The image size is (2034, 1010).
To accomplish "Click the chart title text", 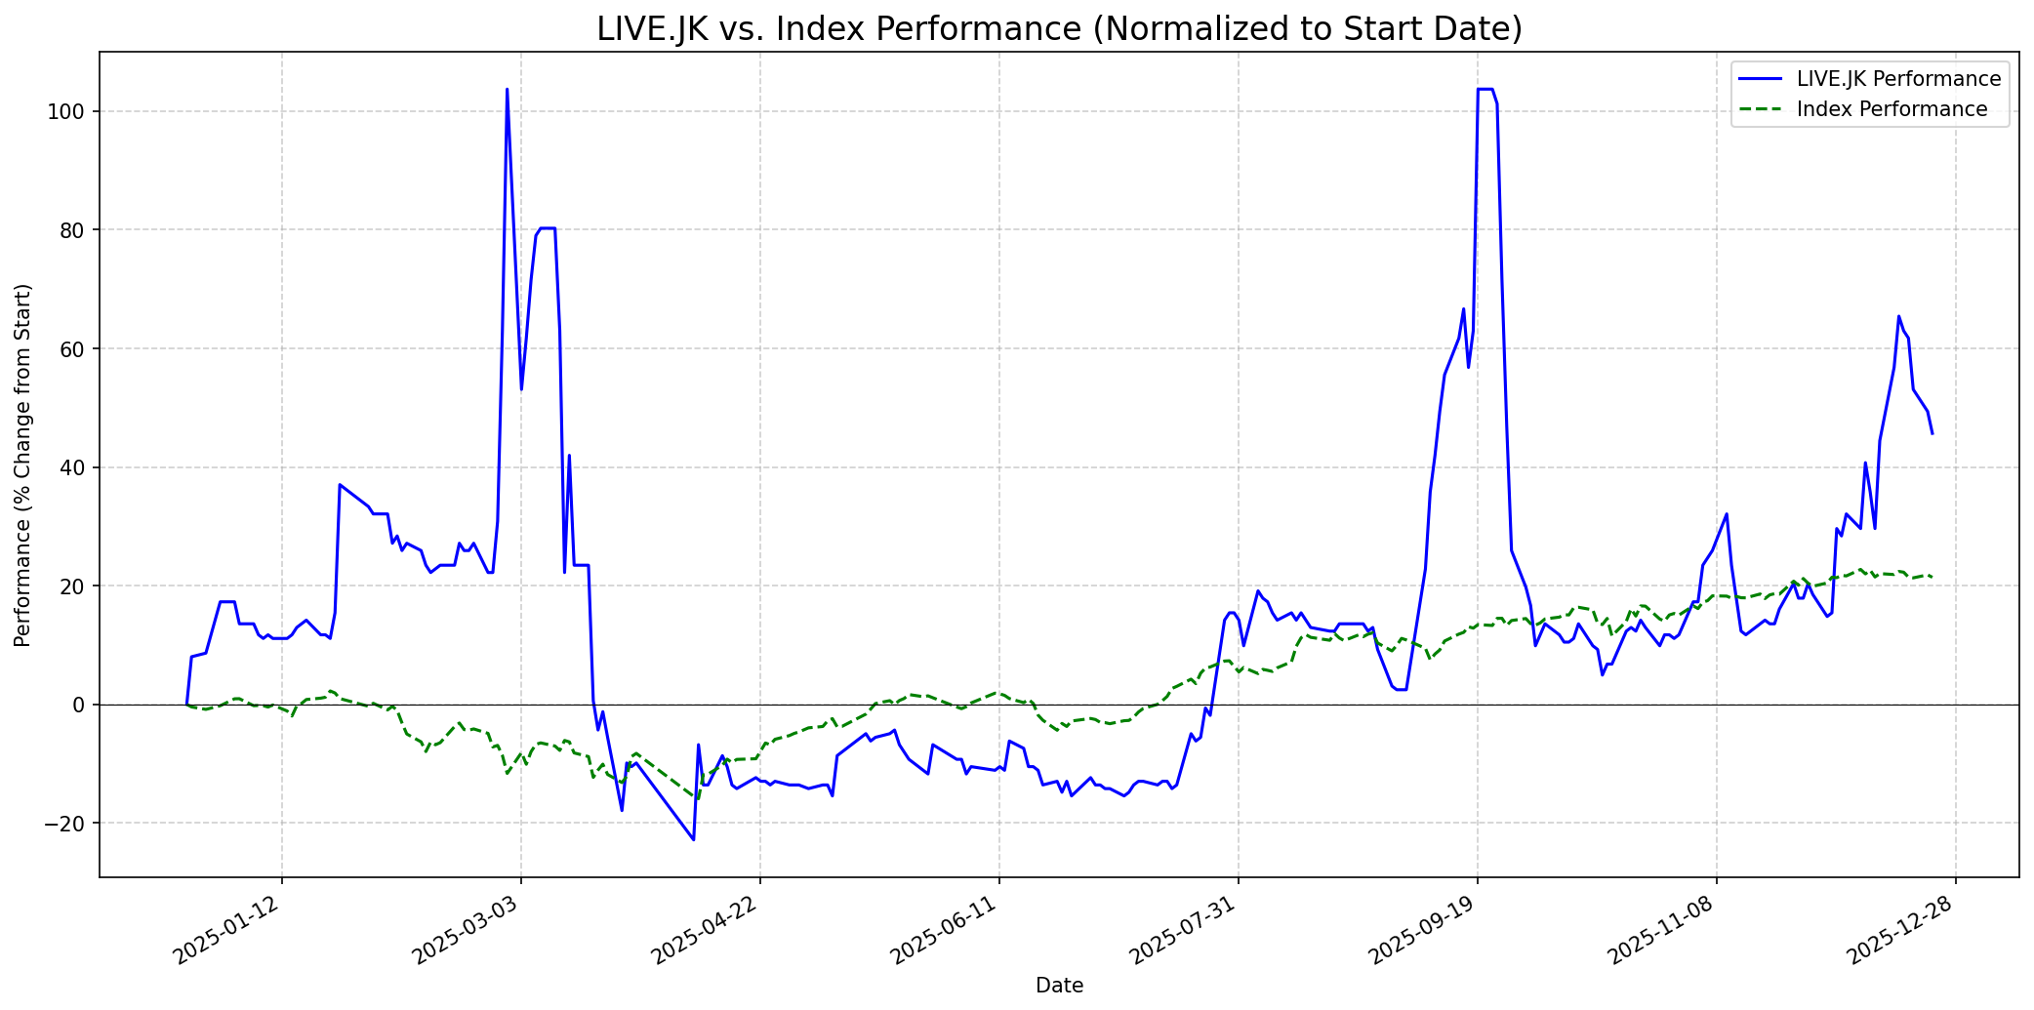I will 1059,29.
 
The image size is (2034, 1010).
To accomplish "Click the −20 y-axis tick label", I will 66,824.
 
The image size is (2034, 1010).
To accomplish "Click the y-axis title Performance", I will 23,465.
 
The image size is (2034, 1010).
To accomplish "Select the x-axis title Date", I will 1059,987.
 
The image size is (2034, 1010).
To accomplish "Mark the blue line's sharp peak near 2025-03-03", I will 507,90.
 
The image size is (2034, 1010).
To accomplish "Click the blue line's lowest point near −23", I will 693,839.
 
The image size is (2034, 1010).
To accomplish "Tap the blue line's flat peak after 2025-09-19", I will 1485,90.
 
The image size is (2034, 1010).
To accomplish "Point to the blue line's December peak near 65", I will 1898,316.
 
